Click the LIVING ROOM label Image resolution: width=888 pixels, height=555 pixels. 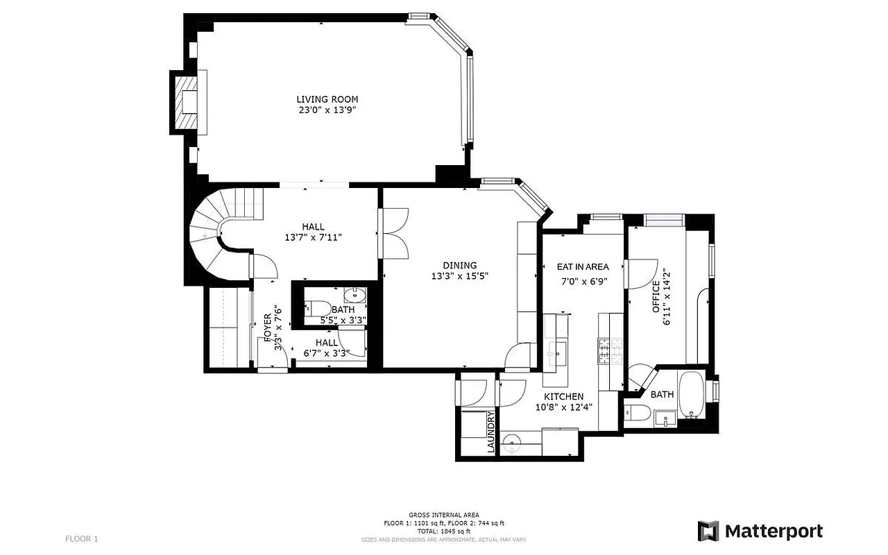click(327, 99)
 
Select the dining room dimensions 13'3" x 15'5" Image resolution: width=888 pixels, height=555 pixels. click(460, 276)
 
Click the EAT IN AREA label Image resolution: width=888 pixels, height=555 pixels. click(583, 266)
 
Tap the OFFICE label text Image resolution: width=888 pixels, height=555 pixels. click(656, 296)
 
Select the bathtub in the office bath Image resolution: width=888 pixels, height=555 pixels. click(691, 395)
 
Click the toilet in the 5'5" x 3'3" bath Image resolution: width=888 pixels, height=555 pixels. click(317, 307)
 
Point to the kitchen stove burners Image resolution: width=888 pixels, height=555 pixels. click(608, 352)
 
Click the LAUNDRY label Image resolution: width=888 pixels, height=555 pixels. click(491, 433)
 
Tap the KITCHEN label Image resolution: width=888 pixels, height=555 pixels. click(563, 396)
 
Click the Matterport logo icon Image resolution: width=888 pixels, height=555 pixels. click(708, 531)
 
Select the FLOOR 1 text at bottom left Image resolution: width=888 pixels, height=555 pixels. click(82, 538)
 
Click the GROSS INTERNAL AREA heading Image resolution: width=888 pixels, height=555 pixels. click(445, 515)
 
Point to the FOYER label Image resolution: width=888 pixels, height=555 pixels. click(267, 326)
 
